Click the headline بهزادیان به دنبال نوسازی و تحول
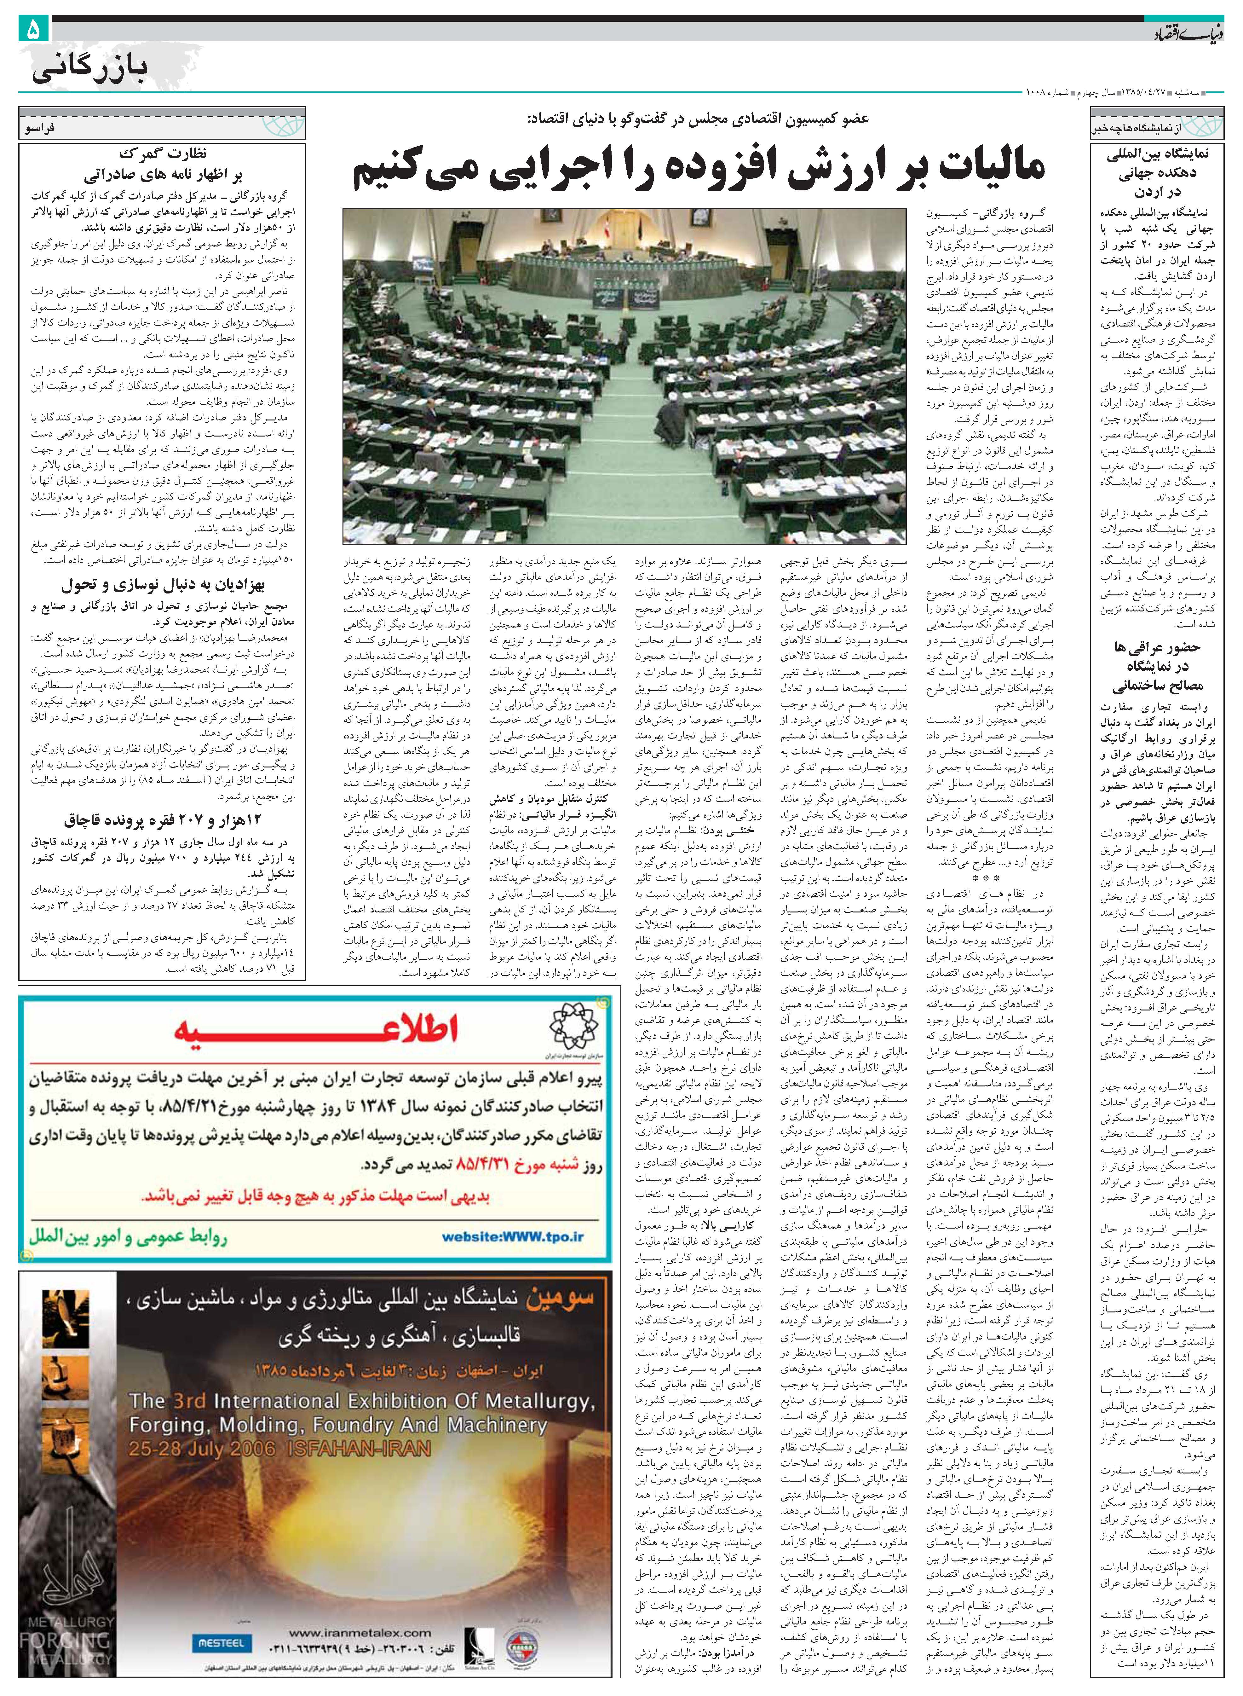(x=163, y=585)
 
